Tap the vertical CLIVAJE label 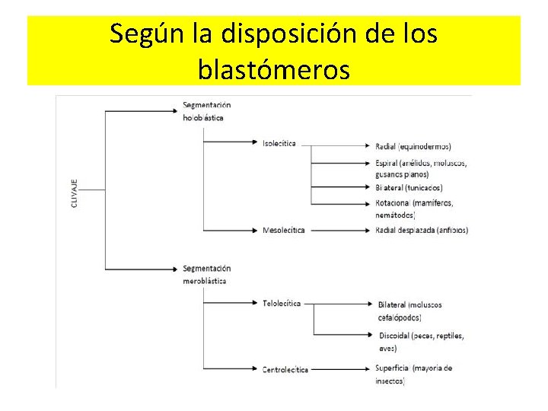point(75,195)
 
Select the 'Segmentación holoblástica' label point(206,111)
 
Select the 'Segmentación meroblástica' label point(206,274)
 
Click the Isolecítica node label point(279,143)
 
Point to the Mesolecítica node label point(283,231)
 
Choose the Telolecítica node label point(282,303)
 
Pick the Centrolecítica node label point(285,370)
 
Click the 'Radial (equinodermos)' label point(413,146)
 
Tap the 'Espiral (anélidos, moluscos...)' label point(420,169)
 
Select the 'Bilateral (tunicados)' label point(409,187)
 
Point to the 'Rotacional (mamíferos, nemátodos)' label point(414,209)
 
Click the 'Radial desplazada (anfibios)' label point(422,230)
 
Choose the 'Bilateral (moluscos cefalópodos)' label point(409,311)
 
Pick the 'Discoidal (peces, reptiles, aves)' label point(420,341)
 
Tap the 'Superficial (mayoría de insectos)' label point(413,374)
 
